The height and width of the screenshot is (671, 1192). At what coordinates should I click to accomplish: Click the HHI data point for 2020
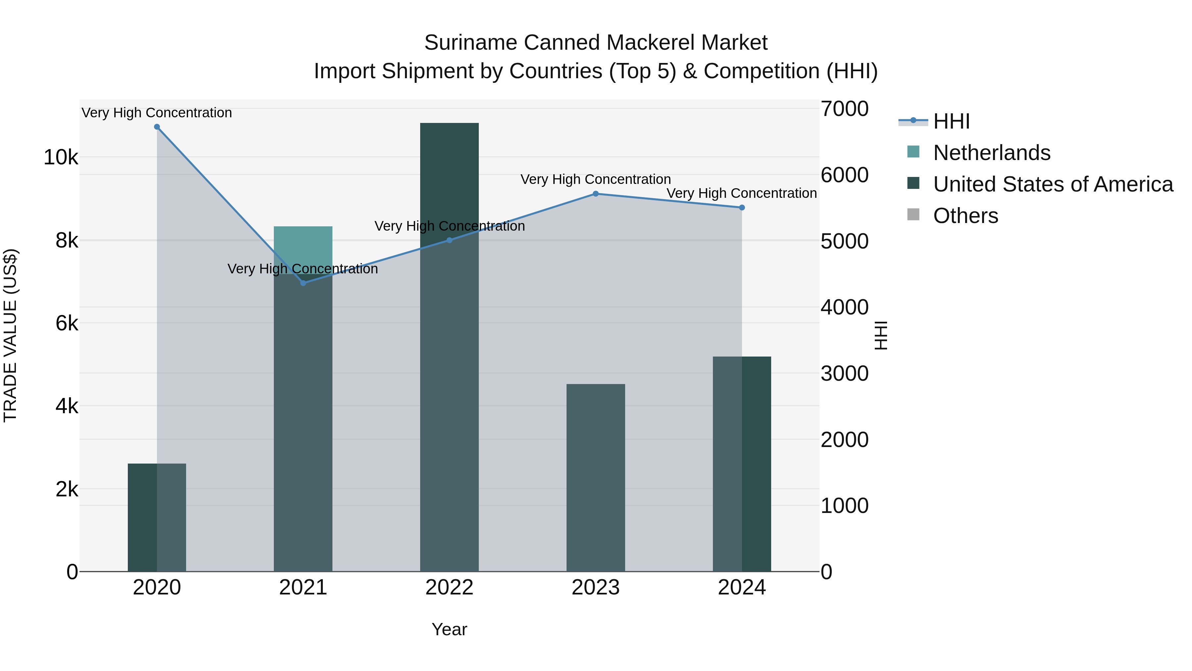point(157,127)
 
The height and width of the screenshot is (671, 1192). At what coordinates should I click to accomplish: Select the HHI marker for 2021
point(303,283)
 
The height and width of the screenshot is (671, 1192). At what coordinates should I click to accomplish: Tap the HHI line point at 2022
point(449,240)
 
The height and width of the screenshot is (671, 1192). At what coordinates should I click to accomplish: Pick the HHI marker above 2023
point(596,194)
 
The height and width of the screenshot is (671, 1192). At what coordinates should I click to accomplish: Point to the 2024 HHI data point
point(742,207)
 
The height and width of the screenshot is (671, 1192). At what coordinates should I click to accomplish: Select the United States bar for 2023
point(596,477)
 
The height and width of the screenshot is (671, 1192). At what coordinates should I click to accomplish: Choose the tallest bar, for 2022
point(449,347)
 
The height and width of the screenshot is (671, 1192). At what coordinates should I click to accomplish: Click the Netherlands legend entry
point(992,153)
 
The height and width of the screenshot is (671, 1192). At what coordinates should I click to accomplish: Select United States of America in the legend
point(1053,184)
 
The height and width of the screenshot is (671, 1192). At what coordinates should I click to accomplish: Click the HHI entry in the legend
point(951,121)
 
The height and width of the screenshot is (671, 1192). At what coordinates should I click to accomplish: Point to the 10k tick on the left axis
point(61,157)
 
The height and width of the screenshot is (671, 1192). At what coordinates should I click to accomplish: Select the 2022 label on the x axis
point(449,587)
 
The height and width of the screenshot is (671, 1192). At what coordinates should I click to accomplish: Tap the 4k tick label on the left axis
point(67,406)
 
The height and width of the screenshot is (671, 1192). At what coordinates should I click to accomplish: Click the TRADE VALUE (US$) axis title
point(11,335)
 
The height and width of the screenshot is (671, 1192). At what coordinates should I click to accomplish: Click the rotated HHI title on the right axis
point(881,335)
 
